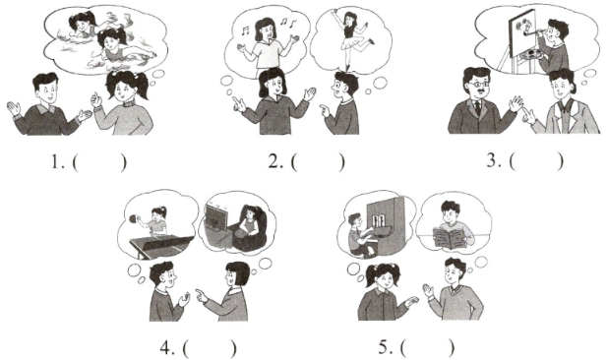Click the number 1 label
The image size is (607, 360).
pyautogui.click(x=57, y=162)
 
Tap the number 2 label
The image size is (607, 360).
pyautogui.click(x=275, y=161)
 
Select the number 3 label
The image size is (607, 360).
pyautogui.click(x=494, y=160)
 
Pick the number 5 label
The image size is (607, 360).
pyautogui.click(x=386, y=347)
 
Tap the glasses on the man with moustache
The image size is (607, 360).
pyautogui.click(x=477, y=84)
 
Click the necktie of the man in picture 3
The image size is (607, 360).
pyautogui.click(x=478, y=107)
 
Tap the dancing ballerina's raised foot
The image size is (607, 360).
pyautogui.click(x=371, y=41)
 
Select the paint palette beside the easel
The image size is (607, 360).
pyautogui.click(x=530, y=54)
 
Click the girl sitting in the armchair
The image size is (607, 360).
pyautogui.click(x=248, y=222)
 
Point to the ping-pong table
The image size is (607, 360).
pyautogui.click(x=161, y=244)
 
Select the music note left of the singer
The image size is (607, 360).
pyautogui.click(x=245, y=30)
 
